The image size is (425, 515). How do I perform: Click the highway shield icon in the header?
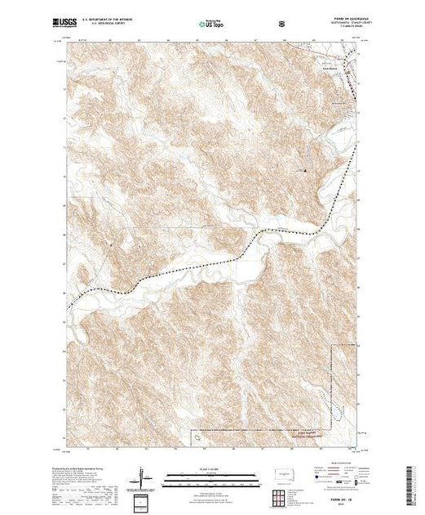(x=283, y=25)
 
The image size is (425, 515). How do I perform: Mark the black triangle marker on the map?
(x=305, y=171)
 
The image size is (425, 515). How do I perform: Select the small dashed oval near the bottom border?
(x=198, y=439)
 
